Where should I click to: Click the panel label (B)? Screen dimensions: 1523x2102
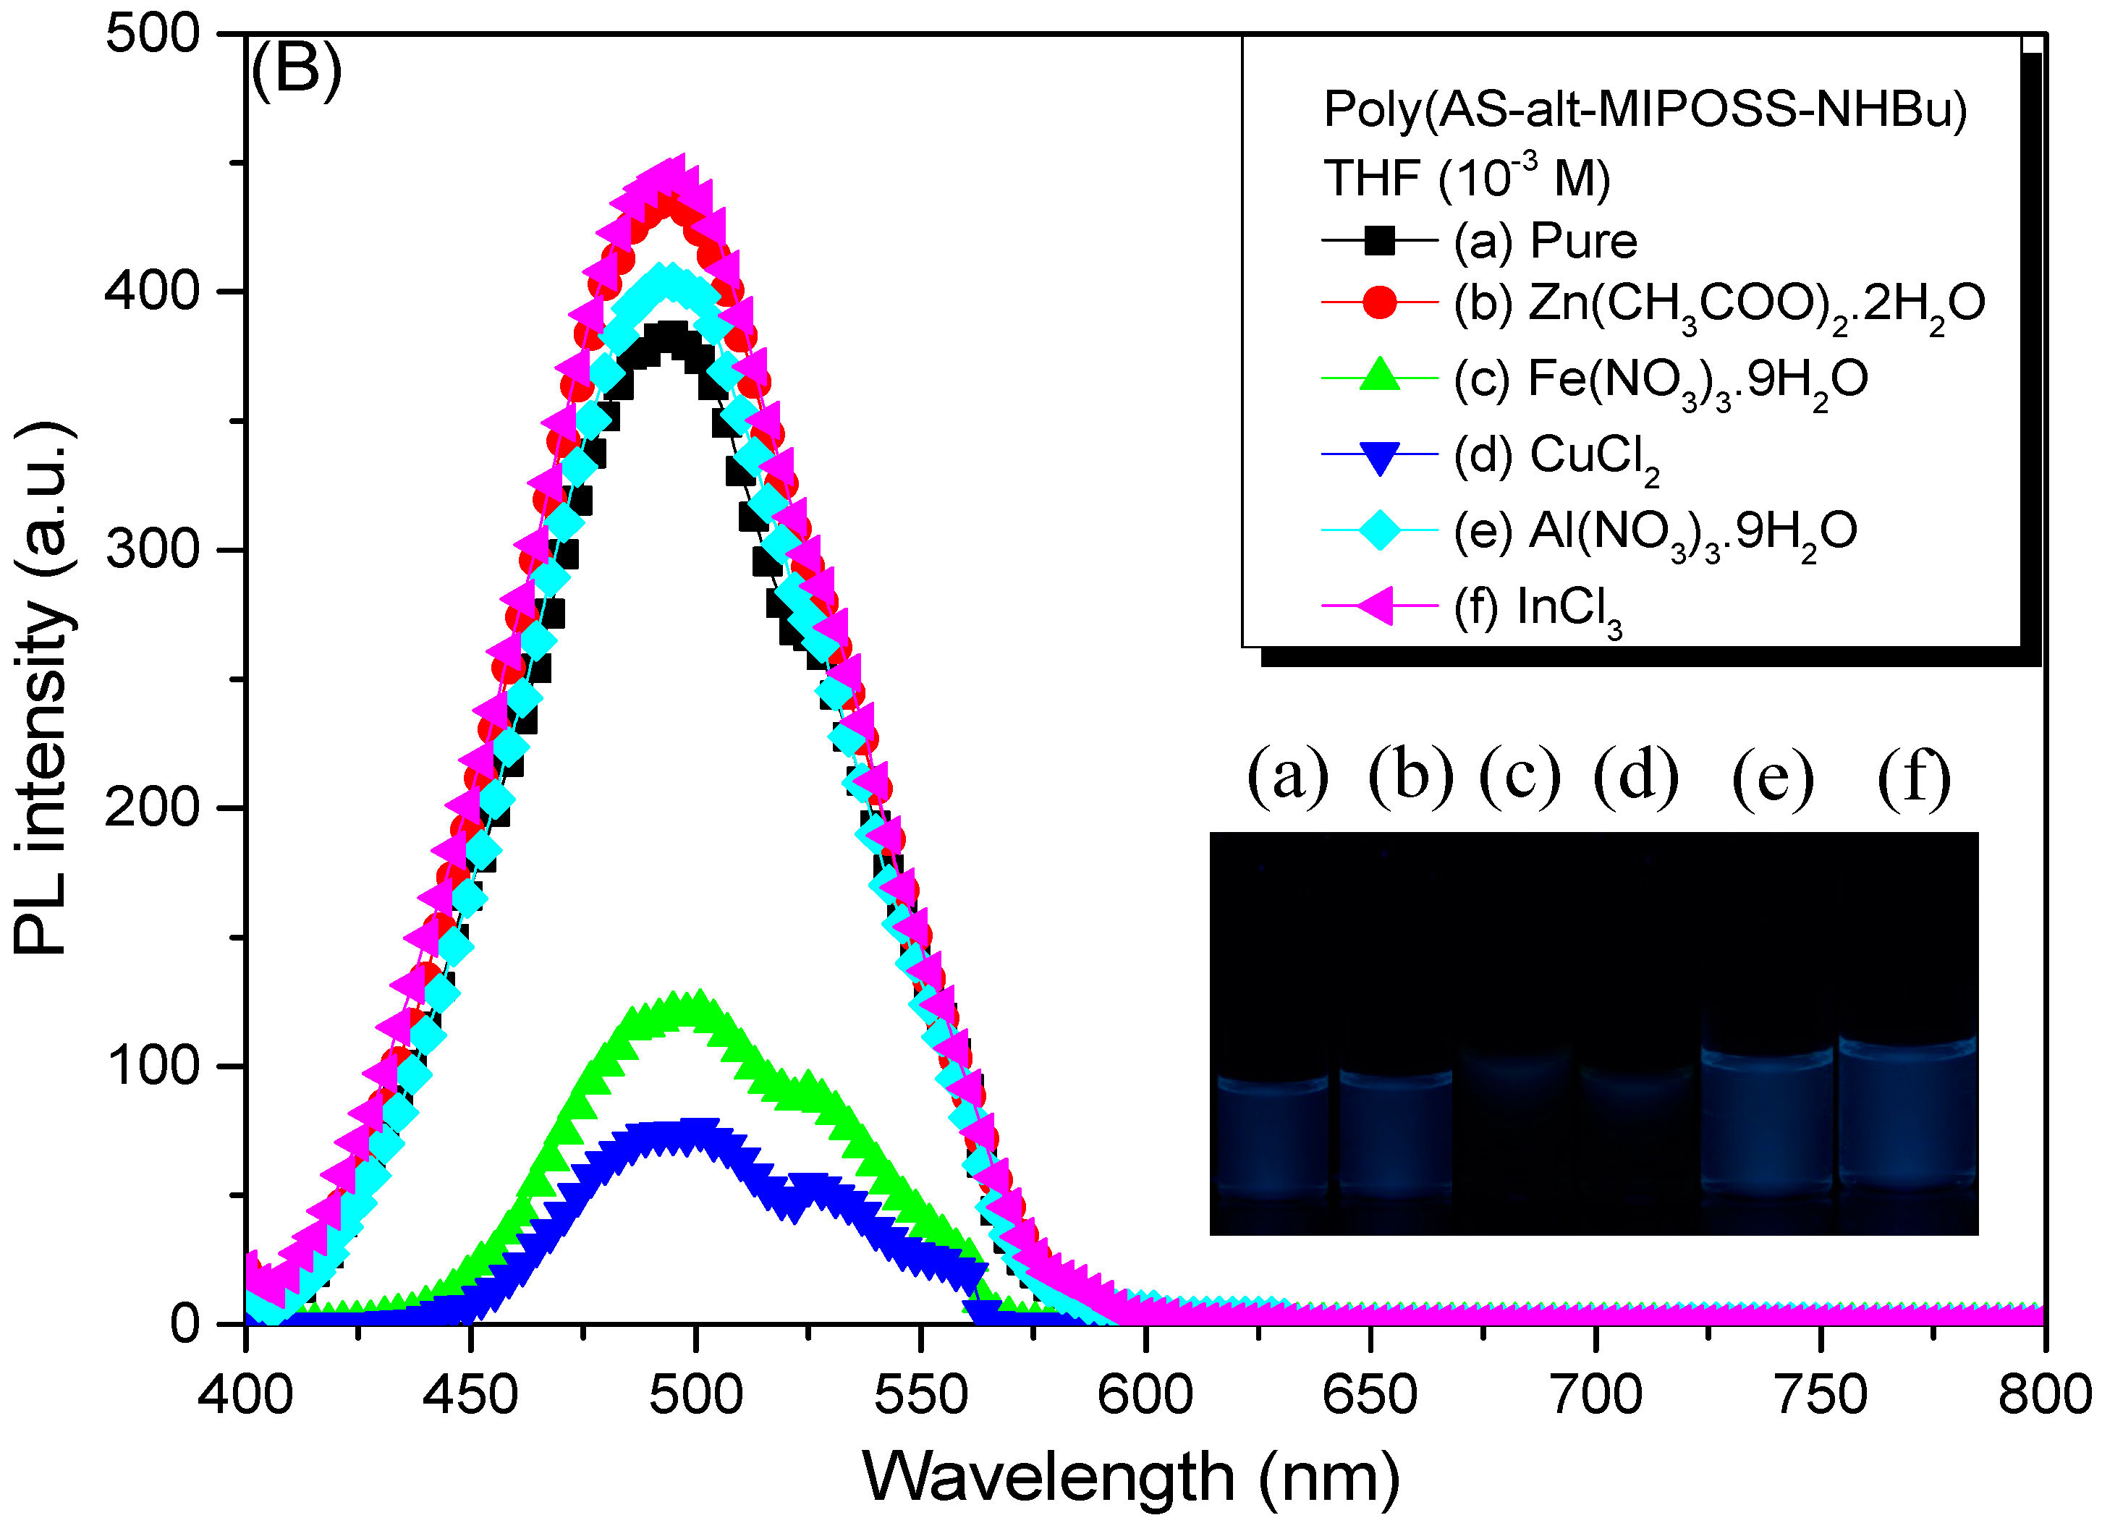click(297, 70)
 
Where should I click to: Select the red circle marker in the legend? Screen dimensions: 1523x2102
click(1379, 302)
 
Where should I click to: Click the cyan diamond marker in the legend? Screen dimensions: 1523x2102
click(1379, 531)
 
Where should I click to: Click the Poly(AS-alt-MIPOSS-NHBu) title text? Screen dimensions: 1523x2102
click(1645, 109)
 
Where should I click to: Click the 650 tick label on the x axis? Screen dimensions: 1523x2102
click(1370, 1395)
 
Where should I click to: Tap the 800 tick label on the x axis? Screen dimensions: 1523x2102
click(2043, 1395)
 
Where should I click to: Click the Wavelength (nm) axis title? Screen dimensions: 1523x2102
click(1131, 1477)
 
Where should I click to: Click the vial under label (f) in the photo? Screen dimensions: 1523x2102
click(1907, 1112)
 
